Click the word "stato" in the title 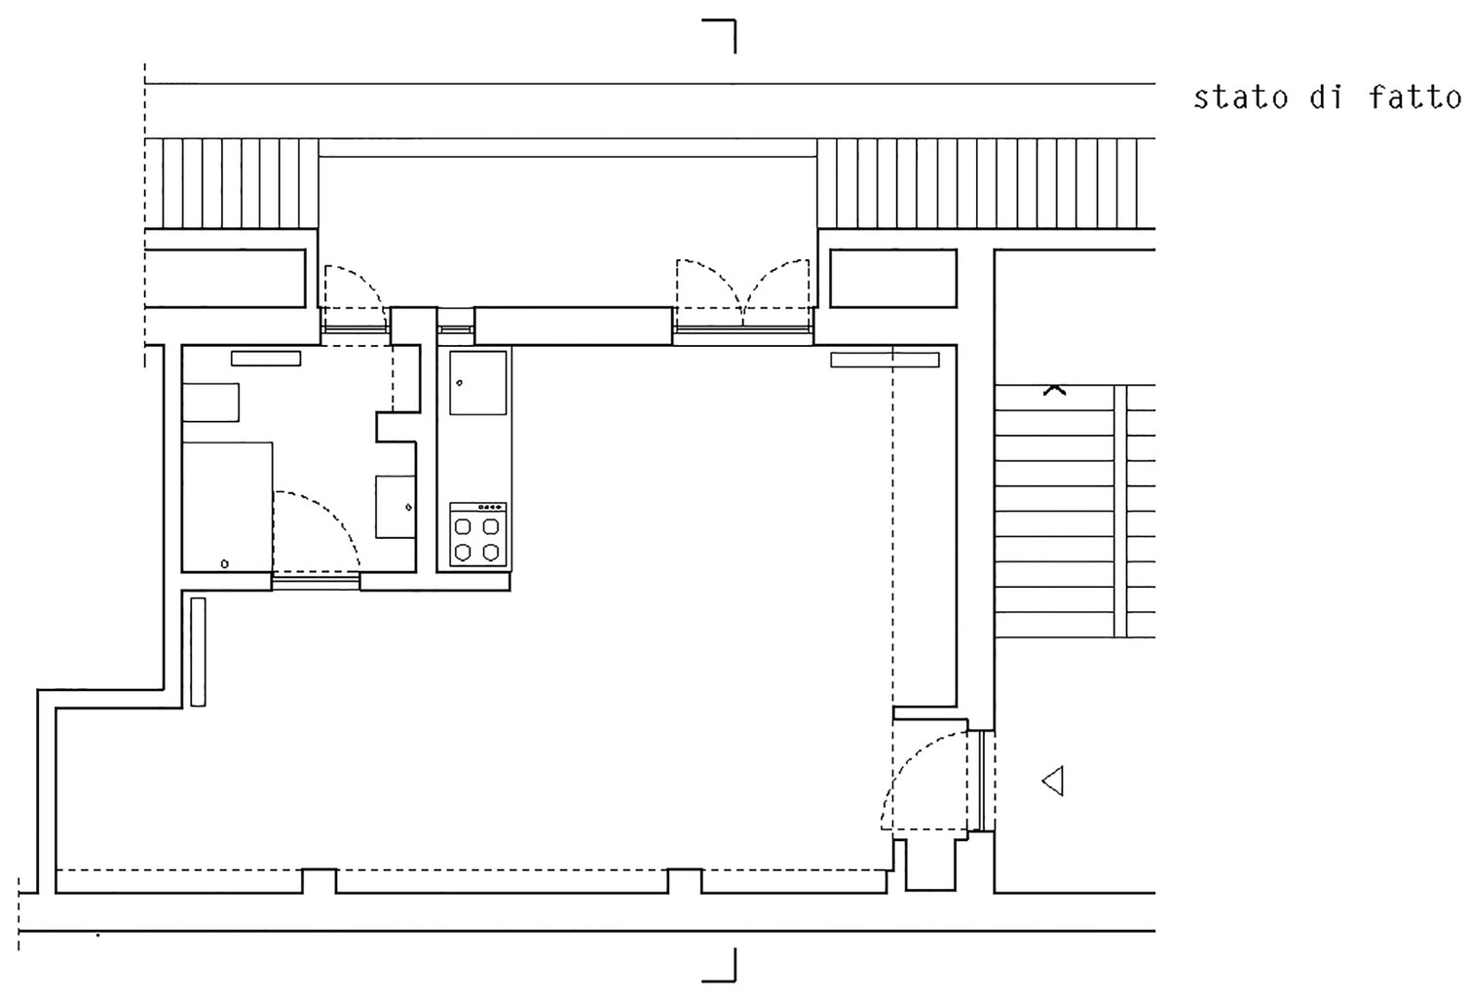(x=1240, y=97)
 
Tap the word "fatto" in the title (x=1415, y=97)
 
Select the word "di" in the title (x=1327, y=97)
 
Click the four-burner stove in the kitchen (x=477, y=534)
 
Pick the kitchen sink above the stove (x=477, y=383)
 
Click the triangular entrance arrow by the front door (x=1053, y=782)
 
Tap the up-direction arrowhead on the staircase (x=1055, y=391)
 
